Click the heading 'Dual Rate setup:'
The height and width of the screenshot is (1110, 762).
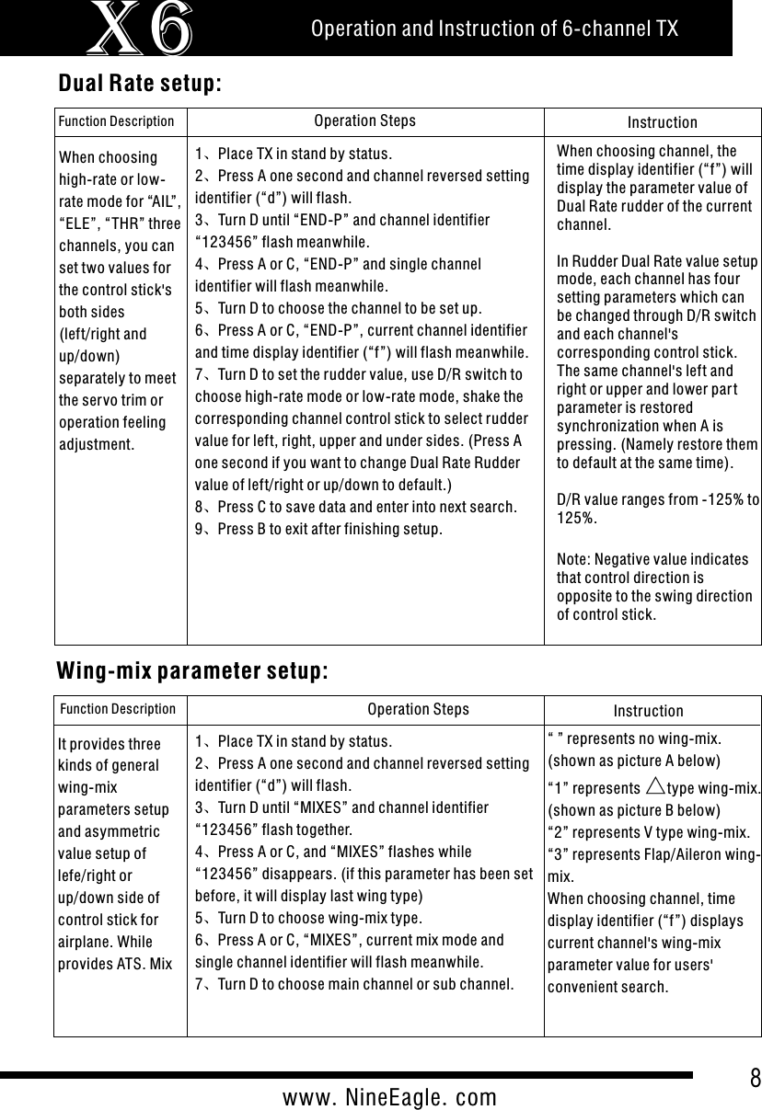[140, 84]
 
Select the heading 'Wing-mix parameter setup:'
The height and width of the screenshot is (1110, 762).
[192, 670]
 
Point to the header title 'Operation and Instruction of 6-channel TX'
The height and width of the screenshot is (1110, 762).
[494, 29]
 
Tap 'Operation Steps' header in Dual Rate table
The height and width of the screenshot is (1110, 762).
[364, 120]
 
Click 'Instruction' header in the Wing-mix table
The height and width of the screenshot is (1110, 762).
[648, 711]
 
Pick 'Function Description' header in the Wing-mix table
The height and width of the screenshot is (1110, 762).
[118, 709]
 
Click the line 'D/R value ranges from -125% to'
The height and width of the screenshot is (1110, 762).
[658, 498]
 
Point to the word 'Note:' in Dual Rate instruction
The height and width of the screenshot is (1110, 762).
[574, 559]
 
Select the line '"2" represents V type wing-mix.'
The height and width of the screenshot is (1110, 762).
[648, 832]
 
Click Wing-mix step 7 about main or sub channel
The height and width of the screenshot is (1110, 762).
[354, 985]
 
